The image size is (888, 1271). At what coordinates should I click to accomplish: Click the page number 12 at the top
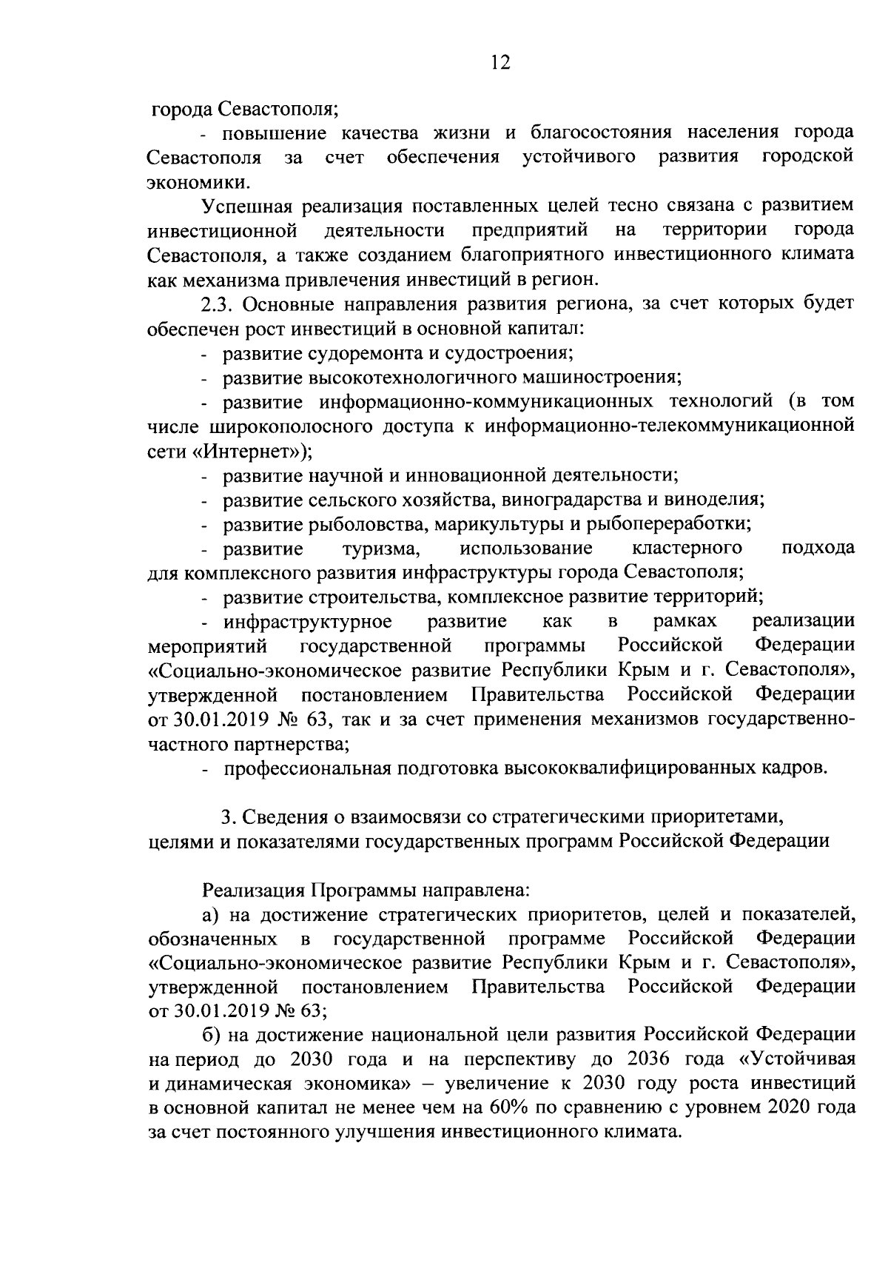click(x=499, y=62)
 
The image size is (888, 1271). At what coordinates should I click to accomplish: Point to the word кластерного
click(x=687, y=549)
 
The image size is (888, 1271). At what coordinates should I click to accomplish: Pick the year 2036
click(x=647, y=1059)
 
